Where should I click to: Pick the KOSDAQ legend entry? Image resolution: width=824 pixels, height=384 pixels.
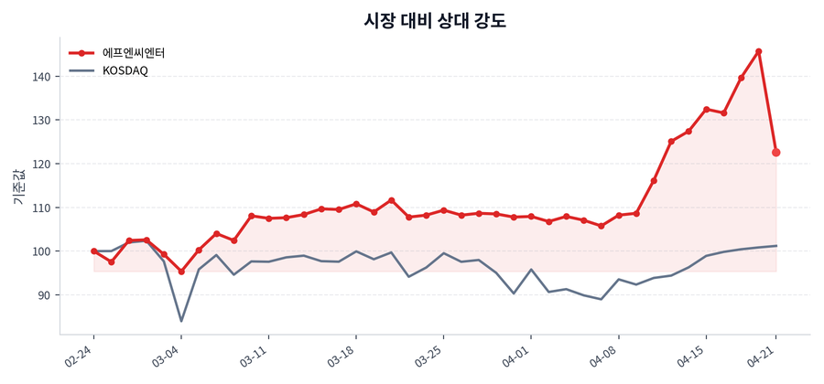click(x=125, y=70)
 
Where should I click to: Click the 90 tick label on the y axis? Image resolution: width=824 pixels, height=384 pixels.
click(x=42, y=295)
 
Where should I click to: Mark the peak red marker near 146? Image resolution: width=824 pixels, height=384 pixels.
click(x=759, y=51)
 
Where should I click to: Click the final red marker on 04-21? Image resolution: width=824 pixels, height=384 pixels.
click(x=776, y=153)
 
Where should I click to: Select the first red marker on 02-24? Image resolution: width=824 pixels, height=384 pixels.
click(x=93, y=251)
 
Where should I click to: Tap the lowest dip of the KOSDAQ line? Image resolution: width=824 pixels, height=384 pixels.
click(x=181, y=321)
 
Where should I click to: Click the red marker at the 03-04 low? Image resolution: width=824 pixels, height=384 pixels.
click(x=181, y=272)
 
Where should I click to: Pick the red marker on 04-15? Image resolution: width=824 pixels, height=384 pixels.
click(x=707, y=109)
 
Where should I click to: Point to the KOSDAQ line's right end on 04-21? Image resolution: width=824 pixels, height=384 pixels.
click(x=776, y=246)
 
